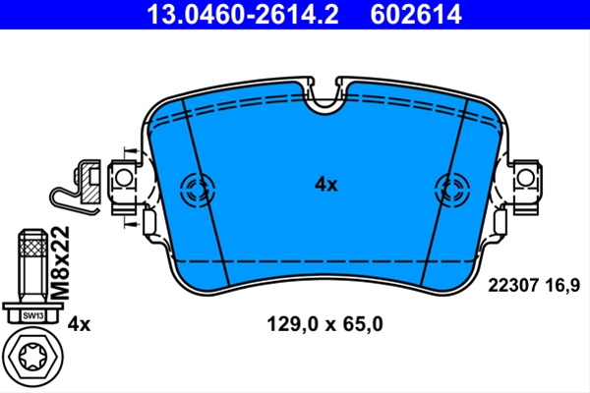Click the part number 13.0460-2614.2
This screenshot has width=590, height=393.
(242, 15)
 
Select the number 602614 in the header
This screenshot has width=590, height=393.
(416, 15)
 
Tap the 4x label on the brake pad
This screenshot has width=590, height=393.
(326, 185)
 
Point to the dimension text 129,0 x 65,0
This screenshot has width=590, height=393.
(324, 324)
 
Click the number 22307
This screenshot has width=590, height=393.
(512, 286)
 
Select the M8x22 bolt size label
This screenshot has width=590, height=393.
(60, 262)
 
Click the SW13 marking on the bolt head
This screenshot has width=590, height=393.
(33, 315)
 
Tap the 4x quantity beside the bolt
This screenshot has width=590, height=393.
(79, 324)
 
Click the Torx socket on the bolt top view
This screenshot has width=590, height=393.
(33, 356)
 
